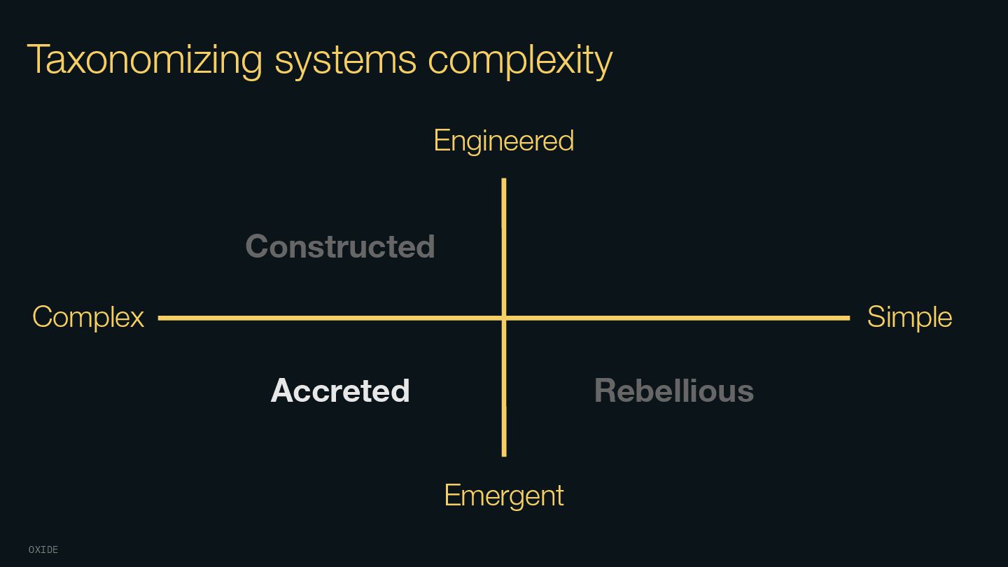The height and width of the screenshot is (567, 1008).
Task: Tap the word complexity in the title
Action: [x=520, y=59]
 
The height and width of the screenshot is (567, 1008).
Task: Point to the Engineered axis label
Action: [x=504, y=141]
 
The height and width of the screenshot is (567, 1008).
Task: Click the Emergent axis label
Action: [x=504, y=496]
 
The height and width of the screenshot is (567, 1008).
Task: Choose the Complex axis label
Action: [x=88, y=317]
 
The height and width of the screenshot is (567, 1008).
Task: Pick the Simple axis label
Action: [x=909, y=317]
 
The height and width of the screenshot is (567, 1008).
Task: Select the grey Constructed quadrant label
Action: [x=340, y=246]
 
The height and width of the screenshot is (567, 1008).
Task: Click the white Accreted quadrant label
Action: [x=340, y=391]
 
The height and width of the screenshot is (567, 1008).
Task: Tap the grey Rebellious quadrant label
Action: [x=673, y=391]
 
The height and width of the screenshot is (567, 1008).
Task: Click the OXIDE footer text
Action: [x=43, y=550]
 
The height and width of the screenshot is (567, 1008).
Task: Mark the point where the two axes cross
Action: [x=504, y=318]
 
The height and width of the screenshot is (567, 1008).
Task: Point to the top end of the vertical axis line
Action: [x=504, y=180]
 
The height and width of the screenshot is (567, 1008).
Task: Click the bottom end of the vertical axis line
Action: [x=504, y=455]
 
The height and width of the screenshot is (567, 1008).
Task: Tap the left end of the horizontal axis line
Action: [x=160, y=318]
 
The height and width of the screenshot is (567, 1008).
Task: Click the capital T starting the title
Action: [x=38, y=59]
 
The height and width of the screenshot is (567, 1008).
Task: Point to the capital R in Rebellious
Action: [x=605, y=391]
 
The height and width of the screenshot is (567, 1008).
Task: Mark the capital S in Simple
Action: [x=876, y=317]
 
